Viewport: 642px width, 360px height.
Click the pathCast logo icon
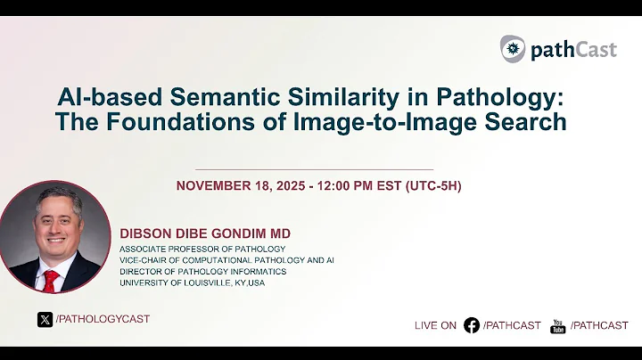(x=512, y=48)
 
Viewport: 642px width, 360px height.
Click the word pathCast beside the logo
(x=572, y=49)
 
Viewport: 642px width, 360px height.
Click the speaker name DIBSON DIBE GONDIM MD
(x=205, y=233)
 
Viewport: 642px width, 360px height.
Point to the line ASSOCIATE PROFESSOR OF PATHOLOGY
(x=202, y=248)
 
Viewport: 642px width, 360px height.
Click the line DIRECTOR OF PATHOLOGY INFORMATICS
(x=203, y=271)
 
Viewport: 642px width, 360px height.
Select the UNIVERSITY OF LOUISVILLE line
(x=193, y=282)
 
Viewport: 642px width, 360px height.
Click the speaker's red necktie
(x=51, y=280)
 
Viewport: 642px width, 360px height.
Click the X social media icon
(x=45, y=319)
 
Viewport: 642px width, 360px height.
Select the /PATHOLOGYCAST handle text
(x=103, y=319)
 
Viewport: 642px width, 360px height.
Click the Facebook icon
(x=472, y=325)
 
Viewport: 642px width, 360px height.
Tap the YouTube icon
(x=558, y=325)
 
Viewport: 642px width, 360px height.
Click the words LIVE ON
(x=435, y=325)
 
